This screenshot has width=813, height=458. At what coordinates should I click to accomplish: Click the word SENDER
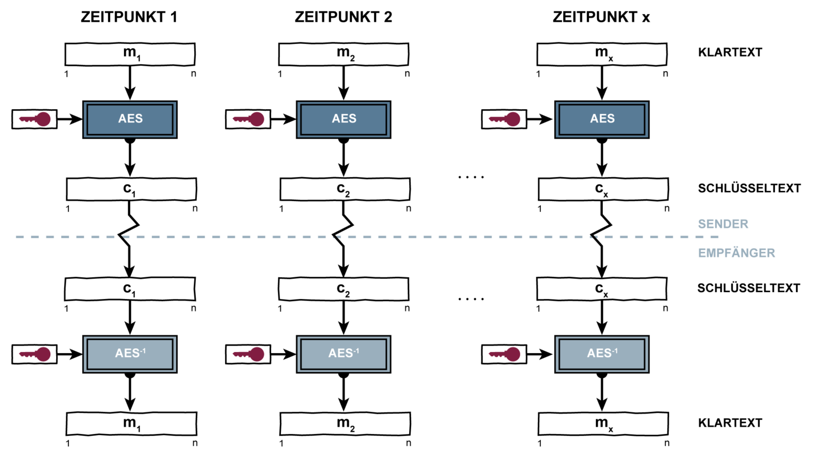[x=723, y=224]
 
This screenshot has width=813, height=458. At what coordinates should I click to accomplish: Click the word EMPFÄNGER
[x=736, y=253]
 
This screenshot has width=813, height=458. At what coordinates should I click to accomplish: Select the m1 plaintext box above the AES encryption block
[x=130, y=54]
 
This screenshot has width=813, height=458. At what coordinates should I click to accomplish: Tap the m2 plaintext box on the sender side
[x=344, y=54]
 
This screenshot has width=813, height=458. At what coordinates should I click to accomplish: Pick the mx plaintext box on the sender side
[x=602, y=54]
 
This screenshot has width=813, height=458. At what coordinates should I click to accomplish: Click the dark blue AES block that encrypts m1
[x=130, y=119]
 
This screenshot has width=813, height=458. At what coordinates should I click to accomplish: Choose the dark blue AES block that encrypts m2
[x=344, y=119]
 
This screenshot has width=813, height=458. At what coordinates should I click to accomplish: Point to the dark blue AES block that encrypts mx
[x=602, y=119]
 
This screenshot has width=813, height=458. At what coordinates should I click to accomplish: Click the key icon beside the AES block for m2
[x=248, y=119]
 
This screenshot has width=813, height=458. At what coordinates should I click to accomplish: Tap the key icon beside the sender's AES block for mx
[x=504, y=119]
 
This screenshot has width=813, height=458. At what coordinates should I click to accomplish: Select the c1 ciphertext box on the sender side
[x=131, y=189]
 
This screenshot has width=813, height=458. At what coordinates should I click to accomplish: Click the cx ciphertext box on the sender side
[x=603, y=189]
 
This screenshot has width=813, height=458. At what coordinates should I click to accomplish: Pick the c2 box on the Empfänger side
[x=344, y=289]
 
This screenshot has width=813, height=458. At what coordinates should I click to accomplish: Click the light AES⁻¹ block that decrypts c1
[x=130, y=354]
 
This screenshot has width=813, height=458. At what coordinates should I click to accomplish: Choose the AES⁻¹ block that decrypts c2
[x=344, y=354]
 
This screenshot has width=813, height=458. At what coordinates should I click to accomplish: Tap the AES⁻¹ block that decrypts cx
[x=602, y=354]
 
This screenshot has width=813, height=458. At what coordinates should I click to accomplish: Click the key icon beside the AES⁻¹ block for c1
[x=34, y=354]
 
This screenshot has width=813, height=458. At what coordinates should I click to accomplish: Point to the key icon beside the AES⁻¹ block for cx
[x=504, y=354]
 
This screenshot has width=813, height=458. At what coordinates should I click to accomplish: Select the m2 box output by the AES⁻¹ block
[x=345, y=424]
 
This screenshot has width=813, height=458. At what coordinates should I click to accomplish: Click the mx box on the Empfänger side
[x=603, y=424]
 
